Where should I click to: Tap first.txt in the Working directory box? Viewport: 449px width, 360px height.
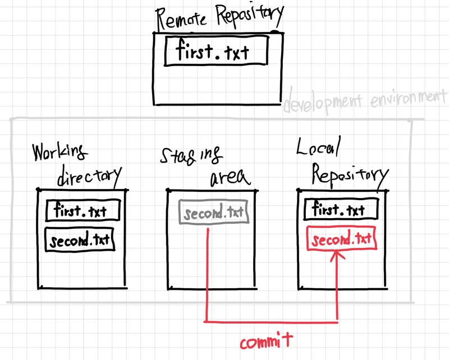(x=83, y=211)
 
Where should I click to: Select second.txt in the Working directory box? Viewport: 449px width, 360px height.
(x=80, y=241)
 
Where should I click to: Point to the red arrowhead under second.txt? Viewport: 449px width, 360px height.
(x=337, y=256)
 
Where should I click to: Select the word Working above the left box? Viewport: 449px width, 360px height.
(x=59, y=153)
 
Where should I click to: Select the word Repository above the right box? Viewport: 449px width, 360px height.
(x=349, y=175)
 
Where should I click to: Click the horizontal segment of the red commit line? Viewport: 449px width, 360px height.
(x=272, y=322)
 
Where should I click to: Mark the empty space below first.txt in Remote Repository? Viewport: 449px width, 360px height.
(x=217, y=84)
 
